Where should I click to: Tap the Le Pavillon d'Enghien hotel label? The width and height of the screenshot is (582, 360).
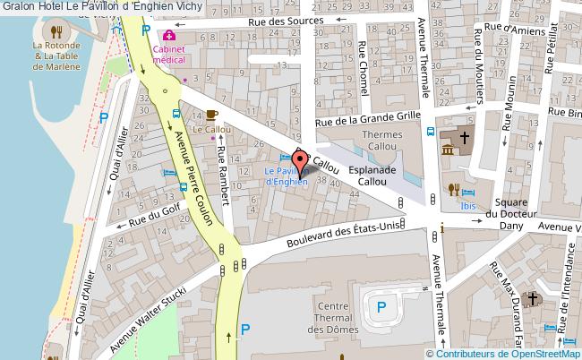click(x=287, y=176)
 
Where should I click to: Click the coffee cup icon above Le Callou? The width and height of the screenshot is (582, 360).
click(x=210, y=115)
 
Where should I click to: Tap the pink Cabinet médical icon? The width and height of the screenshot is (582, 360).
click(x=167, y=35)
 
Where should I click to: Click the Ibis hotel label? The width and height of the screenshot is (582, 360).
click(x=468, y=205)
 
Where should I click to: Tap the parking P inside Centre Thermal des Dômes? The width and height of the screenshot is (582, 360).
click(x=381, y=309)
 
